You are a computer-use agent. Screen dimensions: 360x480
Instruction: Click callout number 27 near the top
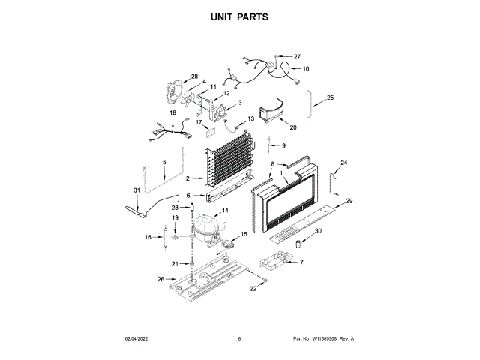296,57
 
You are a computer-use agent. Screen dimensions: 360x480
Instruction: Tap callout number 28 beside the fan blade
194,76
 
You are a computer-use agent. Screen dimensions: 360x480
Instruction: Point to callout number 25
330,97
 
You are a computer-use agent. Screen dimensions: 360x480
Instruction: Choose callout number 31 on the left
136,190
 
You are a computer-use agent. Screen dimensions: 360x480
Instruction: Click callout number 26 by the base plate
160,279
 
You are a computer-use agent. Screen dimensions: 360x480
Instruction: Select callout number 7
301,262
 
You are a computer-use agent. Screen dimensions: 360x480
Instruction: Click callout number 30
317,231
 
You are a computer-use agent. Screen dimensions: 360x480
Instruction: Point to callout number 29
349,201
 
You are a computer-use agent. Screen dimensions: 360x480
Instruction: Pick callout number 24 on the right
344,163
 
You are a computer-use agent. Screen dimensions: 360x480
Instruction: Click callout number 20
293,127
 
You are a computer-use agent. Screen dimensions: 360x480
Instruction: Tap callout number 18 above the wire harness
172,113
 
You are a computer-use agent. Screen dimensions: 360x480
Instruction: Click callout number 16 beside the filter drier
148,237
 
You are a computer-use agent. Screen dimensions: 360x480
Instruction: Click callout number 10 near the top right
305,69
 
